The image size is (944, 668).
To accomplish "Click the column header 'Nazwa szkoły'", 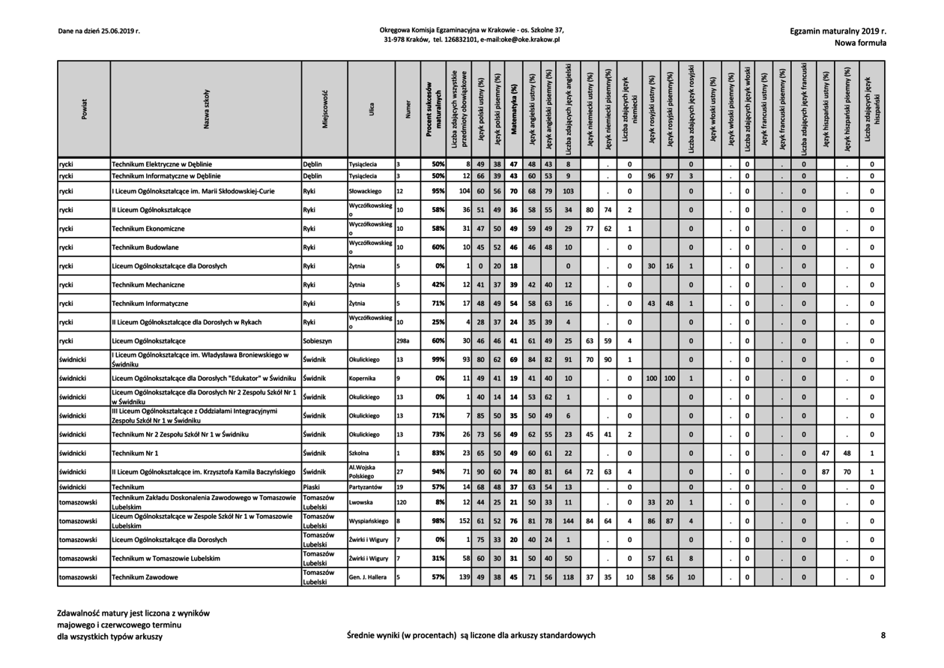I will pyautogui.click(x=206, y=108).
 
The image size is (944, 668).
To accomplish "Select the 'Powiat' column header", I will pyautogui.click(x=84, y=108).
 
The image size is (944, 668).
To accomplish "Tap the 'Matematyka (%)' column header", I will pyautogui.click(x=514, y=108).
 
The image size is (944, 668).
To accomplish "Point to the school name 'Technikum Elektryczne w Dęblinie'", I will pyautogui.click(x=162, y=163).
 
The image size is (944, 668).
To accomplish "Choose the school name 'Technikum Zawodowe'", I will pyautogui.click(x=145, y=577).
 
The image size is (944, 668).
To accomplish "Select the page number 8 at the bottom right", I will pyautogui.click(x=883, y=636).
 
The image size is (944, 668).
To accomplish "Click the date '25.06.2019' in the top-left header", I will pyautogui.click(x=120, y=31).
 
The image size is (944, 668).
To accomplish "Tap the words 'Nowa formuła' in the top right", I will pyautogui.click(x=862, y=43).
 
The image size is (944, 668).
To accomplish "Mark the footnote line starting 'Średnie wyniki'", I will pyautogui.click(x=471, y=636).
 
